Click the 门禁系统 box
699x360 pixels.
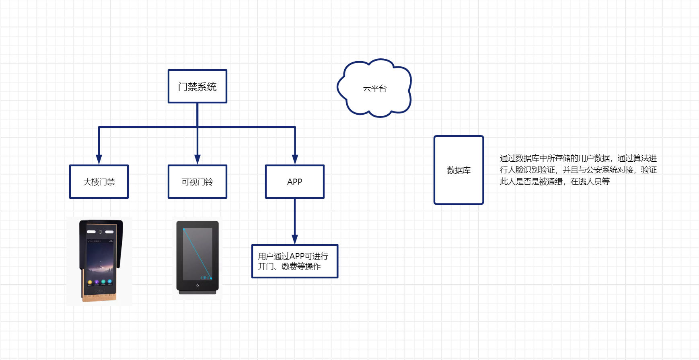pyautogui.click(x=197, y=86)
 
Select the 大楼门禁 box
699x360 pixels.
pyautogui.click(x=99, y=182)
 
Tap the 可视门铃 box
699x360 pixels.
pyautogui.click(x=197, y=182)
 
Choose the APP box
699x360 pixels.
pyautogui.click(x=295, y=182)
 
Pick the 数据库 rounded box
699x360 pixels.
pyautogui.click(x=458, y=170)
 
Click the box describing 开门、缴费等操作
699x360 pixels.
pyautogui.click(x=294, y=261)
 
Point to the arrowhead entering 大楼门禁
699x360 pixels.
pyautogui.click(x=99, y=159)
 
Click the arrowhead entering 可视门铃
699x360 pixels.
pyautogui.click(x=197, y=159)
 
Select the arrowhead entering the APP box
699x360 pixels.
pyautogui.click(x=295, y=159)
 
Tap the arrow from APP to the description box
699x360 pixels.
pyautogui.click(x=295, y=221)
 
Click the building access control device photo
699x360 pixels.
pyautogui.click(x=99, y=261)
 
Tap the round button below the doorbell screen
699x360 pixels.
pyautogui.click(x=197, y=286)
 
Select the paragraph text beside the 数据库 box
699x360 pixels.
pyautogui.click(x=578, y=170)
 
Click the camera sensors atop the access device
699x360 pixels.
pyautogui.click(x=100, y=232)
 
